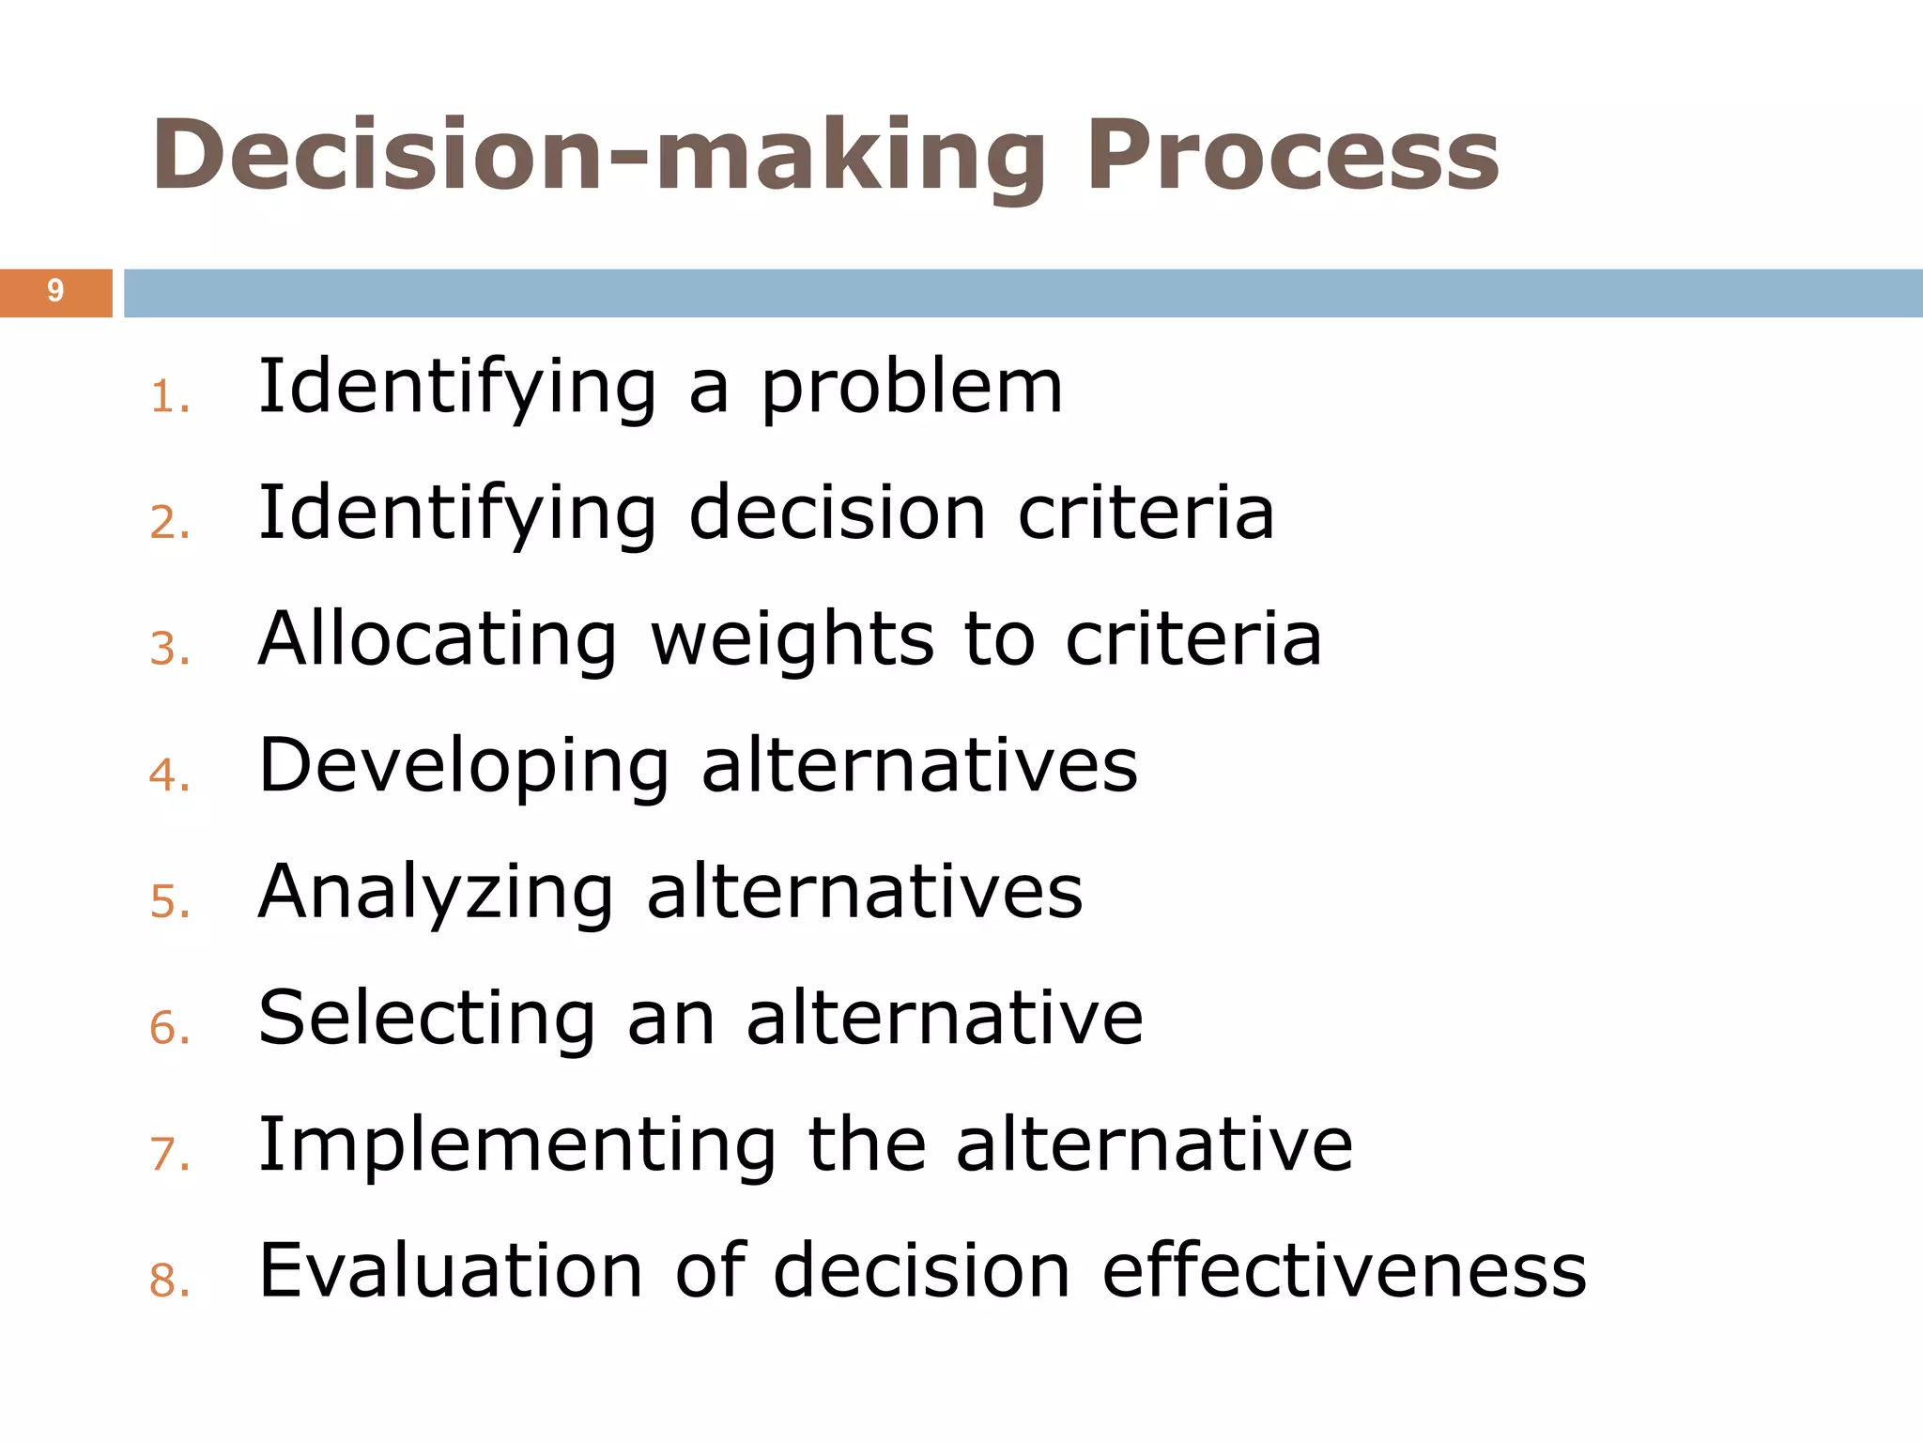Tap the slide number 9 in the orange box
[55, 292]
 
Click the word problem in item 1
[911, 388]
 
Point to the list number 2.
[169, 523]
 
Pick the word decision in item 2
[837, 514]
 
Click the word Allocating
[438, 639]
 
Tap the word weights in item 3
[792, 641]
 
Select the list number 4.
[169, 775]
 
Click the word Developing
[464, 767]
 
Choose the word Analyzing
[437, 893]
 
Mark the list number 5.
[169, 902]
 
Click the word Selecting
[427, 1019]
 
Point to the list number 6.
[169, 1028]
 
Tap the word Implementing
[517, 1145]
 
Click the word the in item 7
[867, 1144]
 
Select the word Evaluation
[451, 1271]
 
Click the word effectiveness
[1344, 1271]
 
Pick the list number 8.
[169, 1281]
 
